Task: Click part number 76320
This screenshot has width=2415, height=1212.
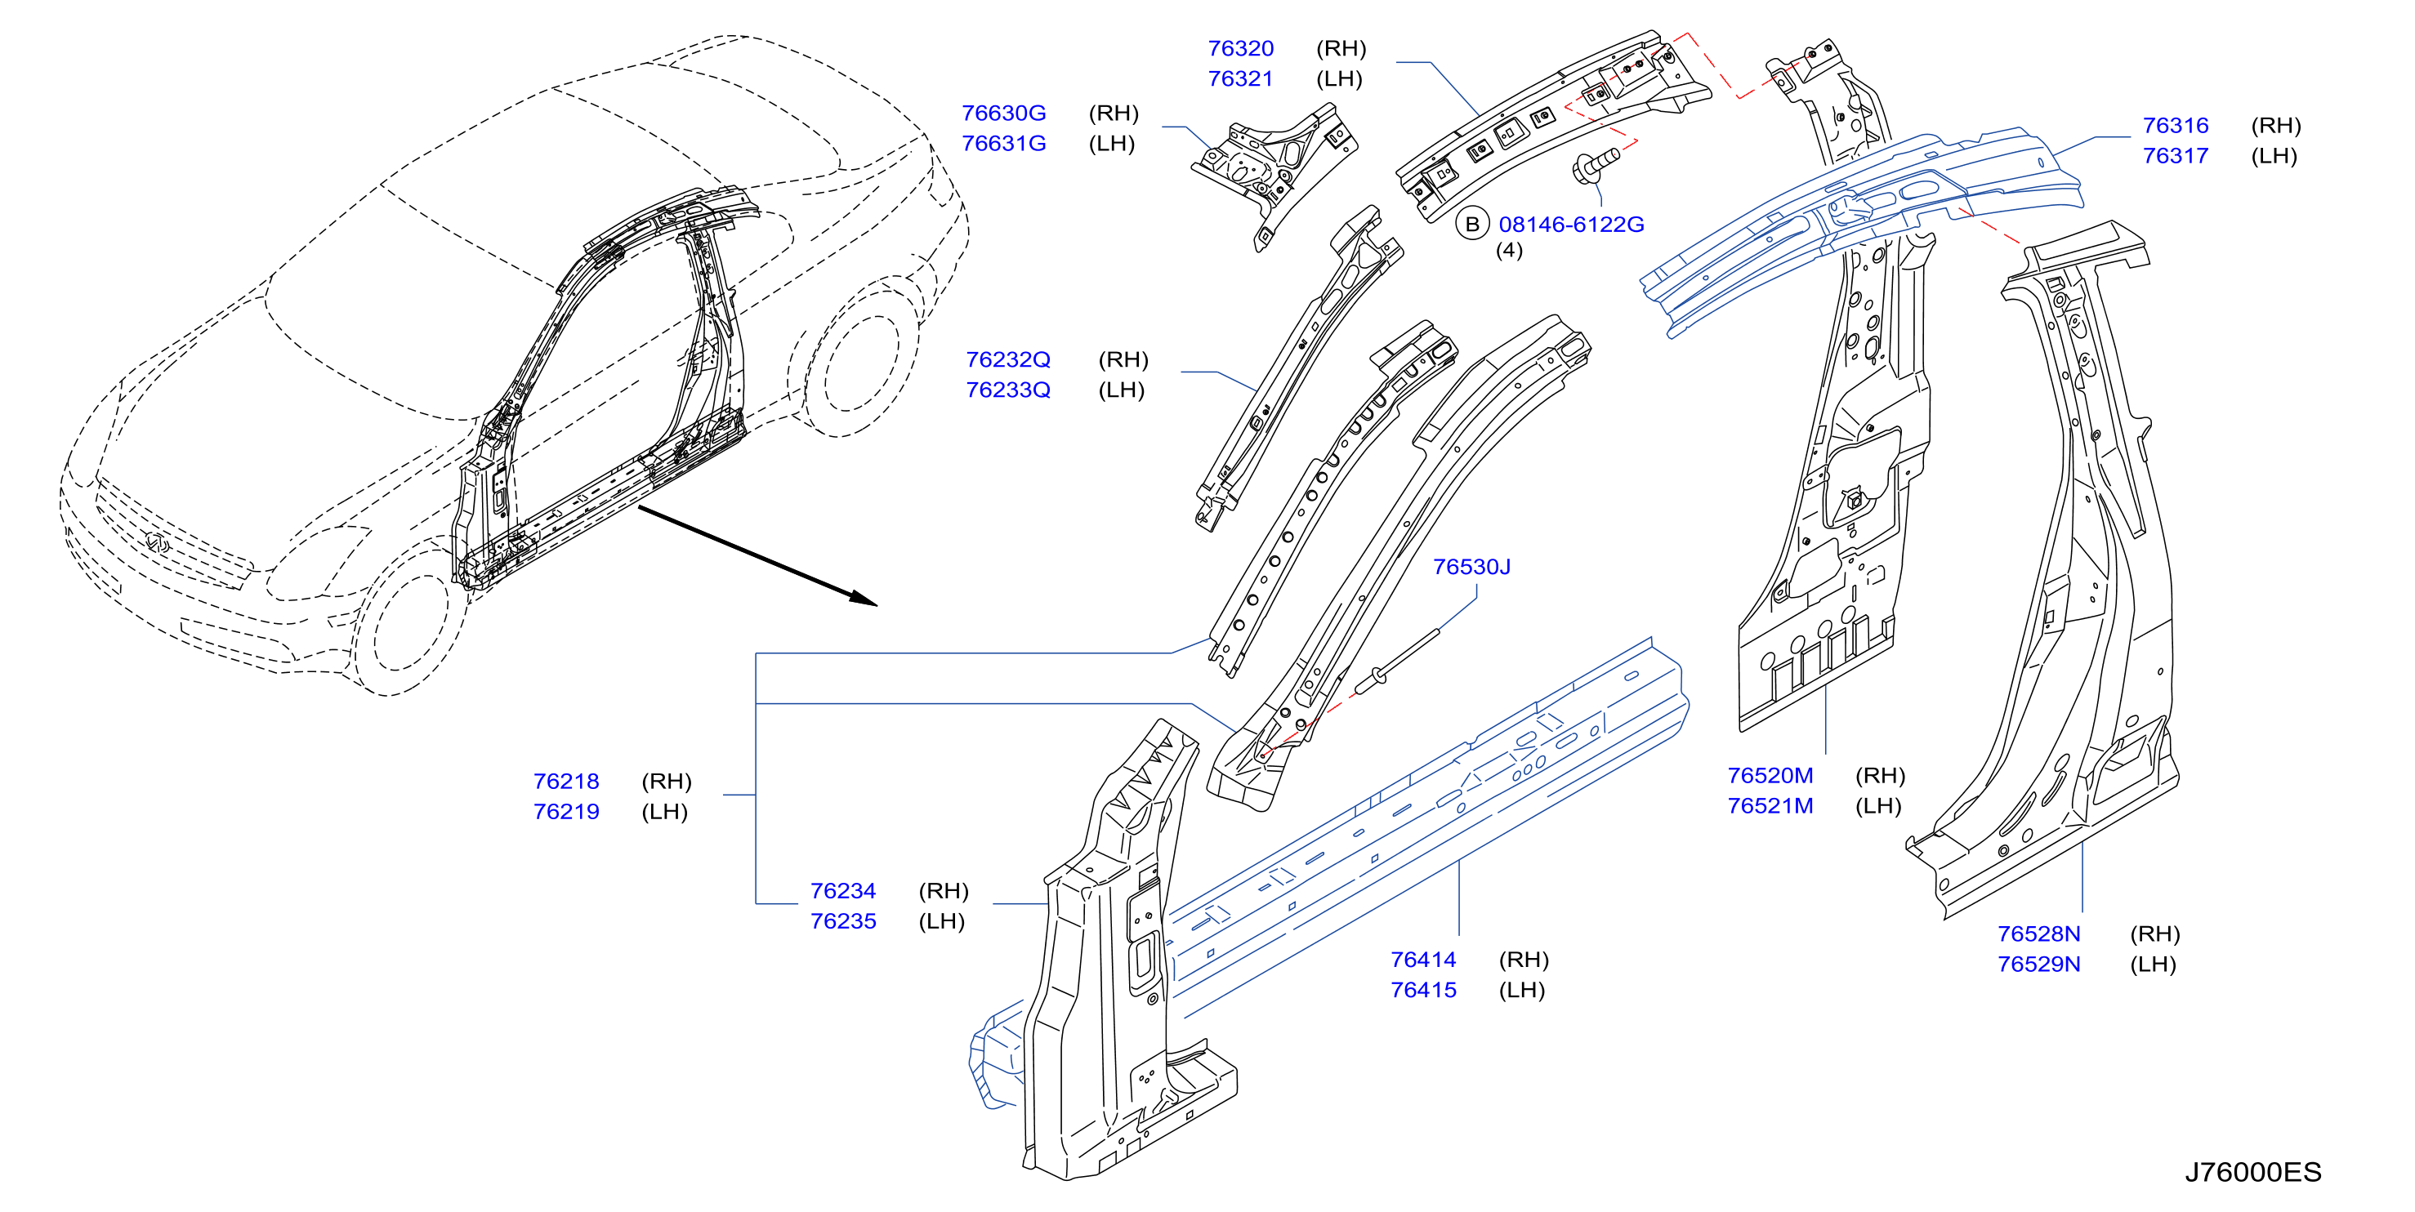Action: pyautogui.click(x=1239, y=48)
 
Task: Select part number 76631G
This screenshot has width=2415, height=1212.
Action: pyautogui.click(x=1003, y=144)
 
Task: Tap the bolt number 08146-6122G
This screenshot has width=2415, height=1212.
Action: pyautogui.click(x=1570, y=224)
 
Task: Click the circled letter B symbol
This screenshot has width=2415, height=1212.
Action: pyautogui.click(x=1472, y=224)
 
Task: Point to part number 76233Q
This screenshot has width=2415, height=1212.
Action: pyautogui.click(x=1008, y=390)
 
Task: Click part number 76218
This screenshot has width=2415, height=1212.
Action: pyautogui.click(x=565, y=781)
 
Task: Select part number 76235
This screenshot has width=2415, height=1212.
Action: pyautogui.click(x=843, y=921)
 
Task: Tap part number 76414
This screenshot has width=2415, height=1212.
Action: pyautogui.click(x=1423, y=960)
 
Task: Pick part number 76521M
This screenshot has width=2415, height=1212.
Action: pyautogui.click(x=1770, y=806)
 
